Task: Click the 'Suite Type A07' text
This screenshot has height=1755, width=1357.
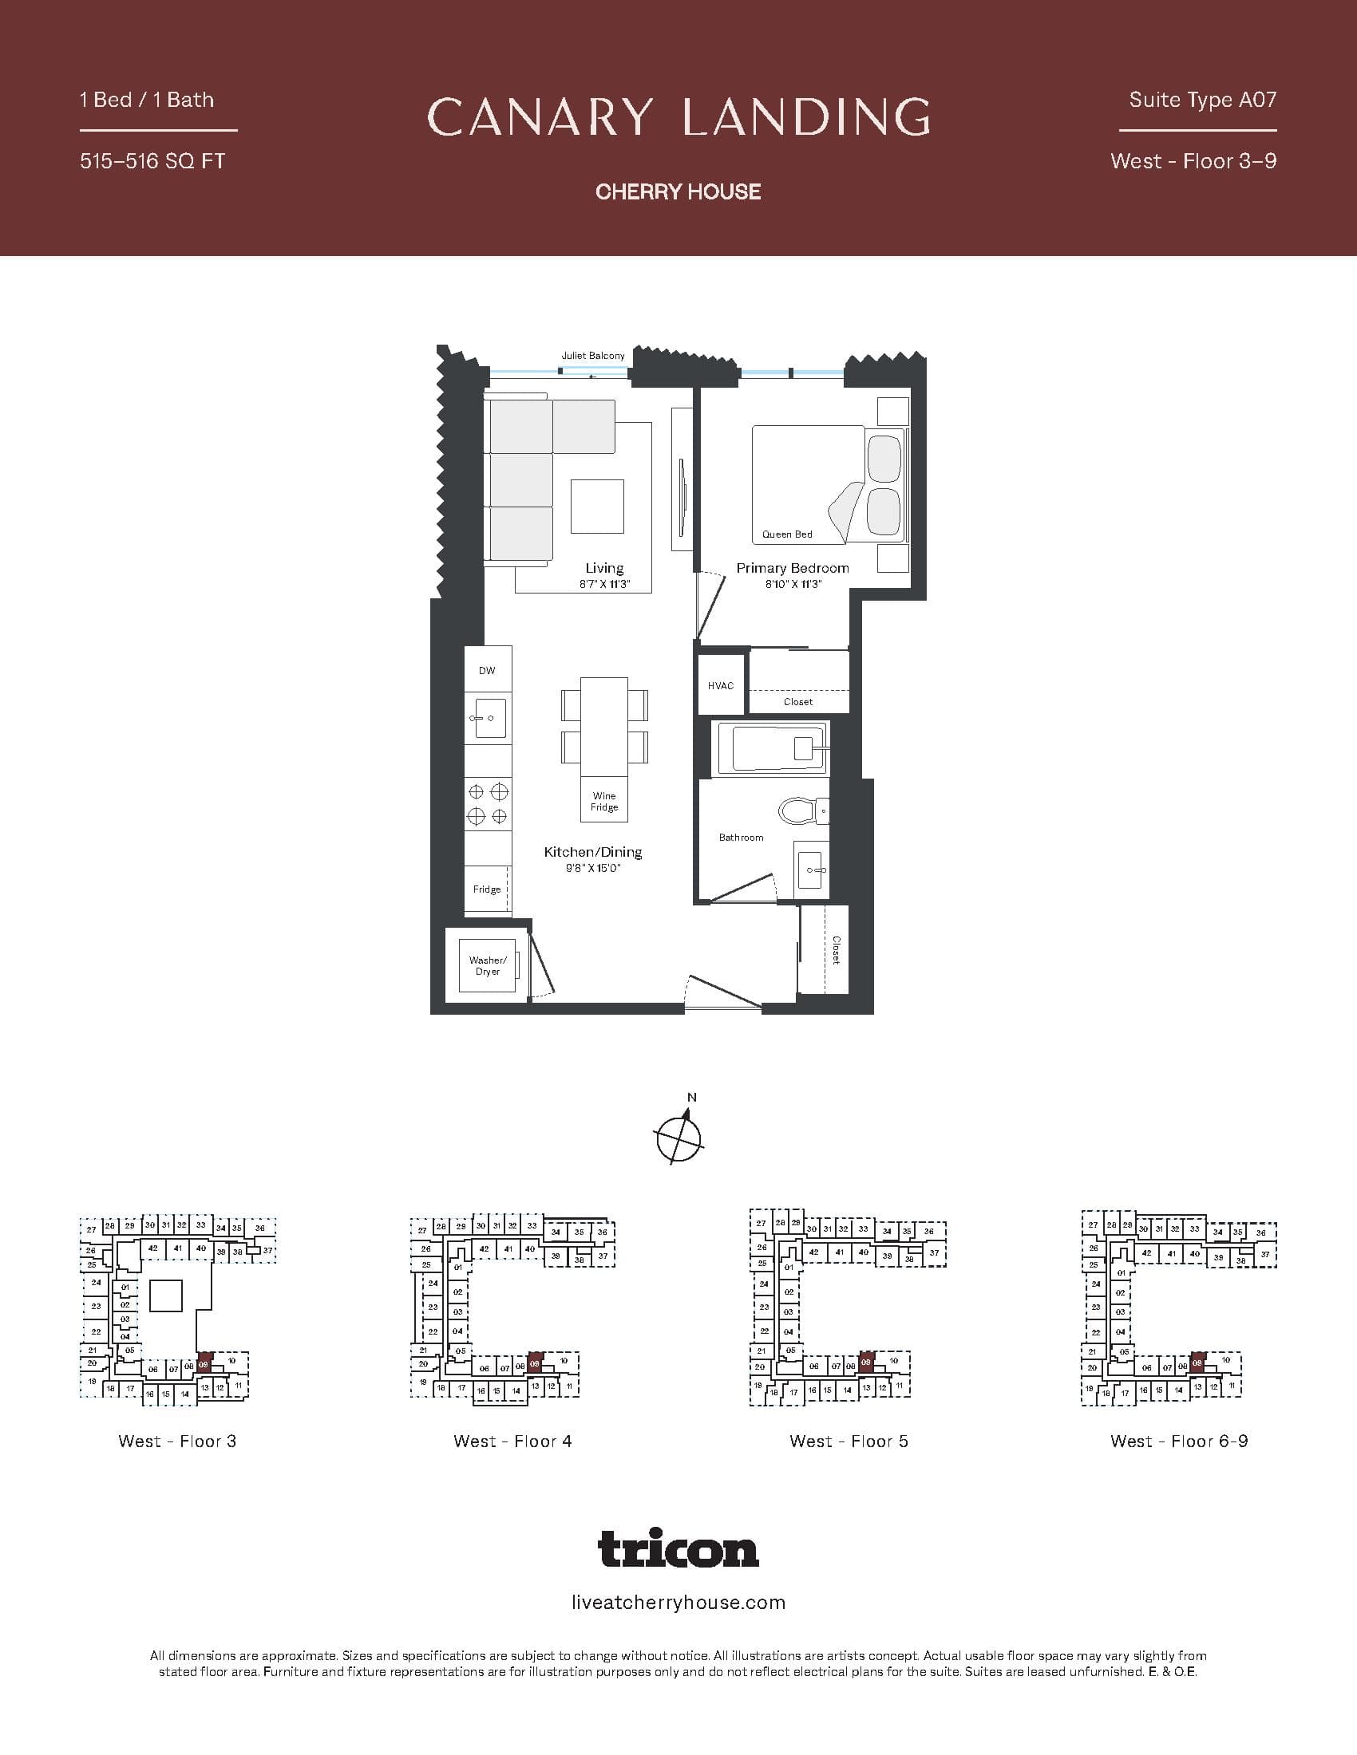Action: (x=1202, y=100)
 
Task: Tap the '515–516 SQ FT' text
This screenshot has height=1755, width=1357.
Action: (x=152, y=160)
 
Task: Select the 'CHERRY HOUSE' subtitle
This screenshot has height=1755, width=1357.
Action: (x=678, y=191)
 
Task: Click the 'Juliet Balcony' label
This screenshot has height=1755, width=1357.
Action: (x=592, y=355)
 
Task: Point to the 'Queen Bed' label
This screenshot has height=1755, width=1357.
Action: (x=787, y=534)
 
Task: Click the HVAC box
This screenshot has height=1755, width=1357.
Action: (x=720, y=685)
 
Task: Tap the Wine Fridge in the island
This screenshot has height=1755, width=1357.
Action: (x=603, y=801)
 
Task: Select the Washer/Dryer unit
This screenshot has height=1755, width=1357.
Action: (x=488, y=965)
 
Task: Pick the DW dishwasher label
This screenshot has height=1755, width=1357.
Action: (x=487, y=670)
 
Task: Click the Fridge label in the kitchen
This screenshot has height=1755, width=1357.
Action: (x=486, y=889)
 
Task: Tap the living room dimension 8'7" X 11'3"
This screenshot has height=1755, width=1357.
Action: (x=603, y=585)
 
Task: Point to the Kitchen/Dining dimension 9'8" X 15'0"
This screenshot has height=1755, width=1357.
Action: (x=593, y=868)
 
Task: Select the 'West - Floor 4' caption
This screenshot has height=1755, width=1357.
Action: (x=512, y=1441)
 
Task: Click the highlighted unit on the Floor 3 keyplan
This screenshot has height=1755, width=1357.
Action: (x=204, y=1364)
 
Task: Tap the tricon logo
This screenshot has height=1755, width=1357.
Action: (x=678, y=1549)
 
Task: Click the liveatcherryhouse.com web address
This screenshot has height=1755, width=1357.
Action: (x=678, y=1603)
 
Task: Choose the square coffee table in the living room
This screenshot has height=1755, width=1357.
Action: (x=597, y=506)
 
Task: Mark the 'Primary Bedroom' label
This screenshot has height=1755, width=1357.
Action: (x=792, y=568)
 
